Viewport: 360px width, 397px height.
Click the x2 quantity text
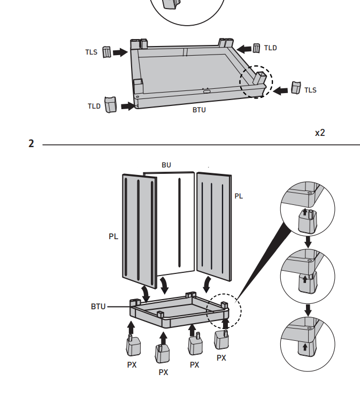[x=320, y=133]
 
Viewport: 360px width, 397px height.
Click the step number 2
[x=31, y=143]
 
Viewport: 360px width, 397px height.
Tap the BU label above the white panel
[x=166, y=165]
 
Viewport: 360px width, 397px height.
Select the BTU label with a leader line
[x=98, y=307]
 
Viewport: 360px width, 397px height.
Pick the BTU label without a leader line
[x=199, y=110]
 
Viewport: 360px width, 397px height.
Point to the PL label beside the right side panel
[x=239, y=196]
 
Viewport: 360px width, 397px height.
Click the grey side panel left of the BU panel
[x=140, y=231]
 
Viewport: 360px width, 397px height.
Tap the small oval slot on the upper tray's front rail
[x=207, y=91]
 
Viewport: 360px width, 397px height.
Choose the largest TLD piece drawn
[x=111, y=104]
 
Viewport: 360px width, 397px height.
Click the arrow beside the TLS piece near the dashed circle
[x=280, y=90]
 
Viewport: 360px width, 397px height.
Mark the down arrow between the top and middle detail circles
[x=308, y=242]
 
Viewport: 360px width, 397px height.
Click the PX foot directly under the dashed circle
[x=222, y=339]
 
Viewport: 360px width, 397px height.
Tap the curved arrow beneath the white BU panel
[x=164, y=285]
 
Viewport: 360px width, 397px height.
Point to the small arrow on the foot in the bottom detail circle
[x=305, y=347]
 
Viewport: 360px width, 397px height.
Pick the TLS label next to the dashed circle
[x=310, y=90]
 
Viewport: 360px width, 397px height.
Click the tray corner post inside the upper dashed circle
[x=260, y=79]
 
